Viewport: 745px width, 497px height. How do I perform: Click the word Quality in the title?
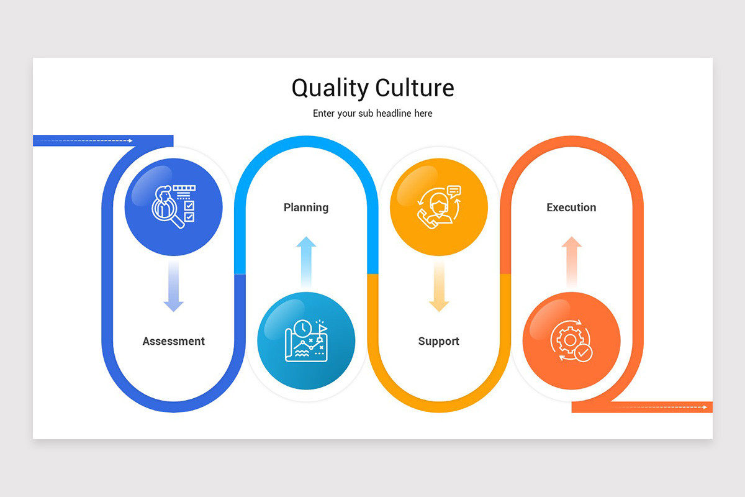click(x=330, y=88)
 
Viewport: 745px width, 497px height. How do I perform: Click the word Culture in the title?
click(x=414, y=88)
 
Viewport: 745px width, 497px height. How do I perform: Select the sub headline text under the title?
click(x=372, y=114)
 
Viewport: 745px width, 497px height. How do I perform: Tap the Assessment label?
click(x=173, y=341)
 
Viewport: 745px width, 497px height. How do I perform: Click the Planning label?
click(x=306, y=207)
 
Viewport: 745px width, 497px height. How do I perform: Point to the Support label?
click(x=438, y=341)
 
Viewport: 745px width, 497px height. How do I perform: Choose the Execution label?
click(x=571, y=207)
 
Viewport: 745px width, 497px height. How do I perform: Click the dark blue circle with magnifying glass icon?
click(x=173, y=207)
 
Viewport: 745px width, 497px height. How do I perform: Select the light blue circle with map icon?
click(x=306, y=341)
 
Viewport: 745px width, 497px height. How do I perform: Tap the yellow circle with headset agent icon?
click(x=438, y=207)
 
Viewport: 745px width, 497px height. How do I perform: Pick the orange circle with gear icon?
click(x=571, y=341)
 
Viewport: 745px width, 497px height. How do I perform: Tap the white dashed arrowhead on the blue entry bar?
click(x=130, y=141)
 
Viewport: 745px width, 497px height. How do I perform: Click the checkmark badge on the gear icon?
click(x=584, y=353)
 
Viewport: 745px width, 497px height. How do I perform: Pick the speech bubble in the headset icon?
click(x=454, y=191)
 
